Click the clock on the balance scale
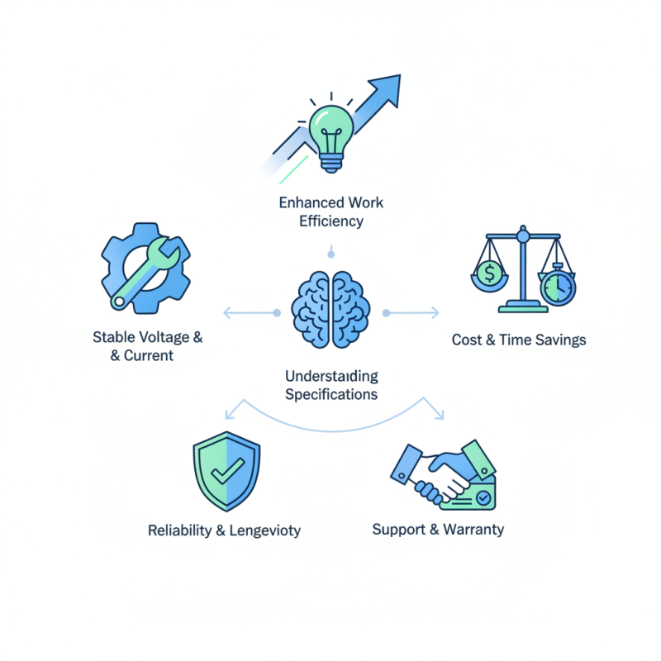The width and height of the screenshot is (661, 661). click(x=558, y=285)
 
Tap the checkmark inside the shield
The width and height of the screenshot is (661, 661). click(x=226, y=473)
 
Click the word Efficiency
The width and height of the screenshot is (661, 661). click(x=330, y=221)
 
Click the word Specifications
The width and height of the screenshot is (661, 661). click(x=331, y=394)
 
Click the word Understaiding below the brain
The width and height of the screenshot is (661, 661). click(x=331, y=376)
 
